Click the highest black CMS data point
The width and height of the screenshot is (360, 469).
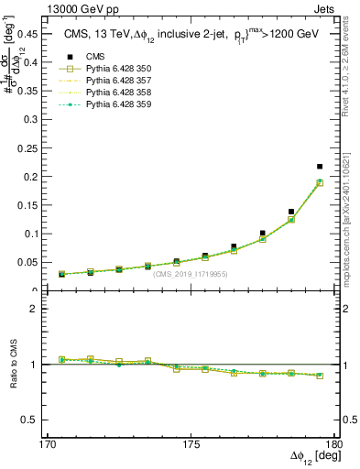pyautogui.click(x=320, y=167)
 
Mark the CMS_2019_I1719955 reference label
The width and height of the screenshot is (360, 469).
pyautogui.click(x=191, y=274)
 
